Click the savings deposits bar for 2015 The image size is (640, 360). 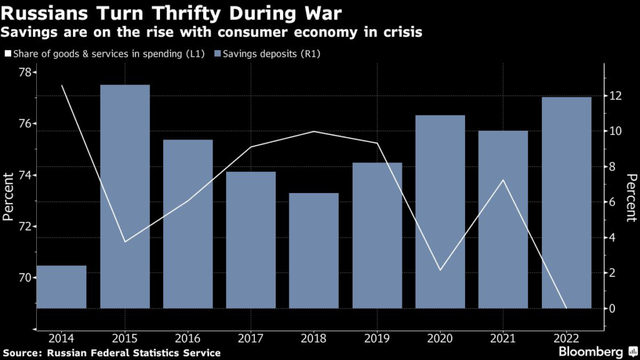[x=125, y=196]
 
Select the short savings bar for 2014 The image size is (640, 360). [x=62, y=287]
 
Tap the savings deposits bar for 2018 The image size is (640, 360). [x=314, y=250]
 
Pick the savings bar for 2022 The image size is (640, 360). [x=566, y=202]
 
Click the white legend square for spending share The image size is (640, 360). [x=7, y=54]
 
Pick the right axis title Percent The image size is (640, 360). [x=630, y=197]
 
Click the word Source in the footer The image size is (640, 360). [x=22, y=353]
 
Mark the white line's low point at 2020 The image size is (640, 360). [x=440, y=270]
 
